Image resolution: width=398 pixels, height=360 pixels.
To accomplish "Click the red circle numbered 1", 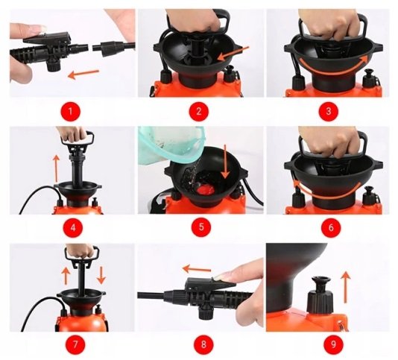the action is click(x=70, y=111).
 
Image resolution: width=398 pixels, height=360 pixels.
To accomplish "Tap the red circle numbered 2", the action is click(x=199, y=111).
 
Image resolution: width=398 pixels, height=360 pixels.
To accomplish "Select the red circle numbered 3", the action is click(x=329, y=111).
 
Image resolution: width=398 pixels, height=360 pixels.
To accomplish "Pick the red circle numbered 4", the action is click(x=73, y=227).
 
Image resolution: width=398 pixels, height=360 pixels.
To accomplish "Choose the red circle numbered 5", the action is click(x=201, y=227).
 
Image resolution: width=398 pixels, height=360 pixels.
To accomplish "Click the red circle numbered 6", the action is click(x=331, y=227).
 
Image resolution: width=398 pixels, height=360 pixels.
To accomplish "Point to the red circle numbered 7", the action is click(x=75, y=344).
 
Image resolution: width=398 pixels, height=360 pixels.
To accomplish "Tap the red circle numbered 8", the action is click(x=203, y=344).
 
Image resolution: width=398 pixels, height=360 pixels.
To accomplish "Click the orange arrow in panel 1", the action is click(x=83, y=73).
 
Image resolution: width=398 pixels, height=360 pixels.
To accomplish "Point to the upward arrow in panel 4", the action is click(x=57, y=168).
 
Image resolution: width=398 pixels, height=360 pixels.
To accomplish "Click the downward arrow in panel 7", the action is click(x=101, y=275).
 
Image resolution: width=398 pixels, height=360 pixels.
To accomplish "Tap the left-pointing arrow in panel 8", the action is click(x=197, y=269).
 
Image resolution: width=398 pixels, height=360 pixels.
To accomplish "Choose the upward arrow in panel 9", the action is click(x=345, y=287).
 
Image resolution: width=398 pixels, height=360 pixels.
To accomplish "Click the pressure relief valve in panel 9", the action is click(x=320, y=294).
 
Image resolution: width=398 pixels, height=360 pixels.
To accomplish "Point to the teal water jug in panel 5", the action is click(x=173, y=145).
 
